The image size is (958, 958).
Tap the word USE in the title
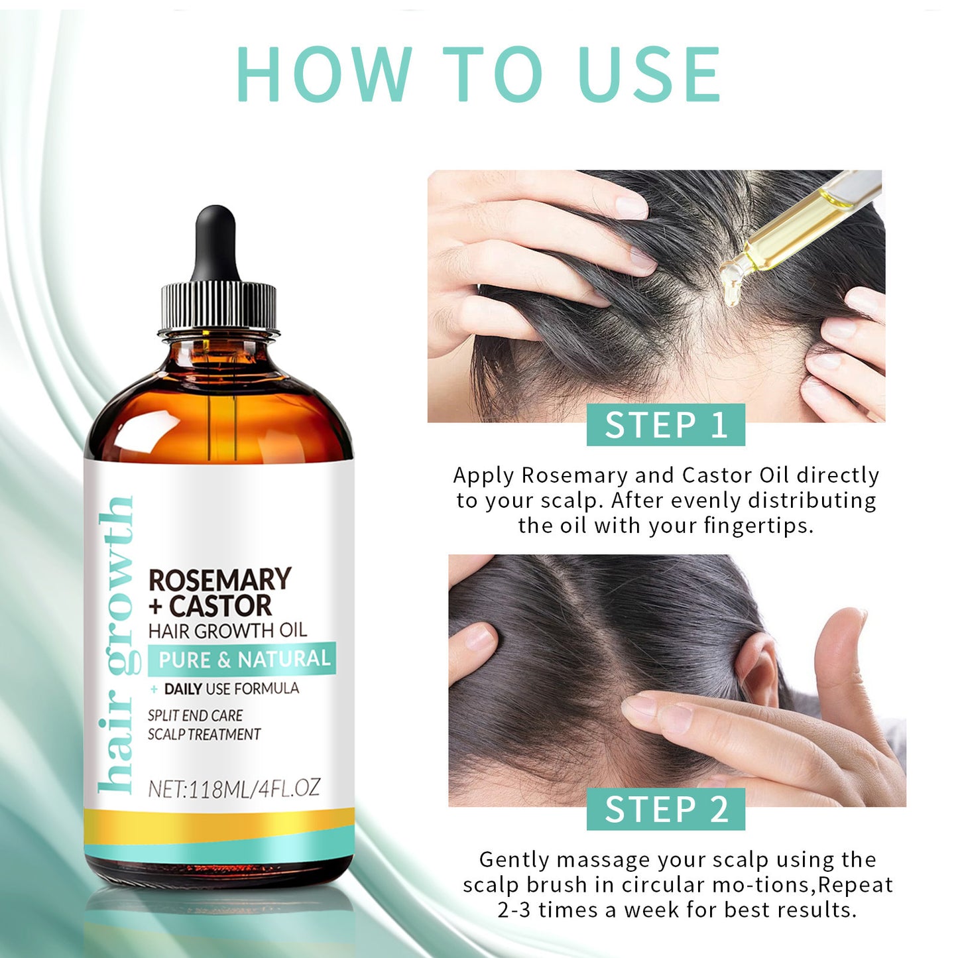point(650,74)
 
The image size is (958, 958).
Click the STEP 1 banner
point(666,425)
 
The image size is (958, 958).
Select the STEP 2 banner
point(666,809)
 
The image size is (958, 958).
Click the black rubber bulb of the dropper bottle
point(215,242)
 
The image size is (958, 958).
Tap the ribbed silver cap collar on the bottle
point(218,307)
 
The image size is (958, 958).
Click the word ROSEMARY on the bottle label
point(219,579)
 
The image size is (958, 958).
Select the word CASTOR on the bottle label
point(221,606)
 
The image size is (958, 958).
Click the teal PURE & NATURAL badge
point(243,659)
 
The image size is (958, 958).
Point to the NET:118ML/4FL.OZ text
point(233,788)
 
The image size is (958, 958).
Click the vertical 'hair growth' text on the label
point(115,643)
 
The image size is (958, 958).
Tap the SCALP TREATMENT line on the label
point(204,735)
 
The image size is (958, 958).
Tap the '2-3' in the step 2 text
point(515,910)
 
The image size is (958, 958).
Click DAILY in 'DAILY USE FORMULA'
point(183,689)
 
